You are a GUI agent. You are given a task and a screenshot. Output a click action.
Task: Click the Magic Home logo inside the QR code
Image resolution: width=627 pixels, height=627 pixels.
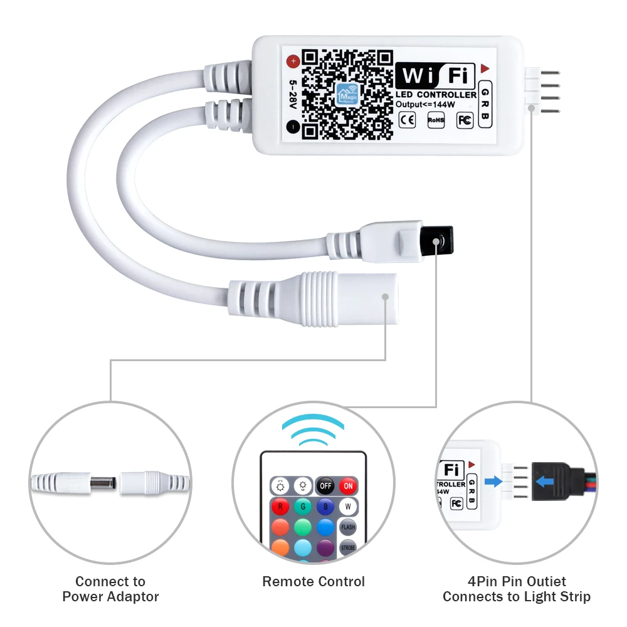point(346,93)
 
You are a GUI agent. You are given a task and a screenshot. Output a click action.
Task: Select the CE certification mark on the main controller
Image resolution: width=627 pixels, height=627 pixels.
point(407,119)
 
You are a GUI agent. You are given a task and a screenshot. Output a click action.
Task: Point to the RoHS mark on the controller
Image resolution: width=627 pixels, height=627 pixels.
point(436,119)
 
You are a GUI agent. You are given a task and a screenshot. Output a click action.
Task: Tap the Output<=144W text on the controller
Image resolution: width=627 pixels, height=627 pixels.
point(424,104)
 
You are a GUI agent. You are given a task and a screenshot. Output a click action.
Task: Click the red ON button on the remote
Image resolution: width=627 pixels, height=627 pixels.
point(348,485)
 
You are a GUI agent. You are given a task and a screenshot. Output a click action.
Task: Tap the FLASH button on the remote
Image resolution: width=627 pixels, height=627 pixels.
point(348,527)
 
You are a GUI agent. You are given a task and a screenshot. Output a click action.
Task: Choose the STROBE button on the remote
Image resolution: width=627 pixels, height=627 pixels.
point(348,548)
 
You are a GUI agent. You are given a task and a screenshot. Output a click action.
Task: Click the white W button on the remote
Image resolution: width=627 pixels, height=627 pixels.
point(348,506)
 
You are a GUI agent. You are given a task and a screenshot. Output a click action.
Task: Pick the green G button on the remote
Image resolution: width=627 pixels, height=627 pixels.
point(303,506)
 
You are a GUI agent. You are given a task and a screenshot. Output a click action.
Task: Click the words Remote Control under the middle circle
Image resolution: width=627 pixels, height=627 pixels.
point(313,581)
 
